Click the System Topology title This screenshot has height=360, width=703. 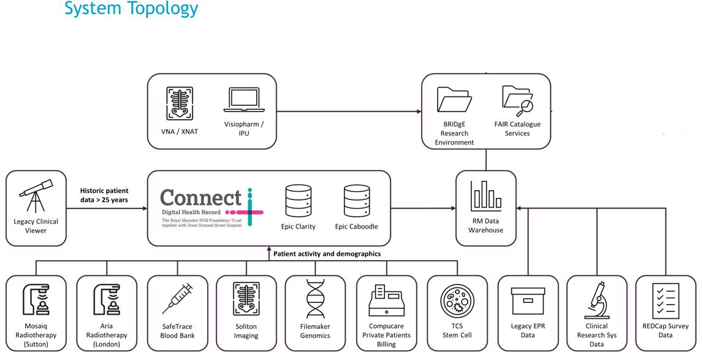point(131,9)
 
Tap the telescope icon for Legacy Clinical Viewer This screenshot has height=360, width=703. point(36,195)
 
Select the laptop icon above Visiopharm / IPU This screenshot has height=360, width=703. point(244,102)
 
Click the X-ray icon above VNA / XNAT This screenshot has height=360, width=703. point(175,103)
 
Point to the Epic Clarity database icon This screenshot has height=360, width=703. point(298,200)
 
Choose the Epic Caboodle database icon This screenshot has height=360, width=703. point(356,200)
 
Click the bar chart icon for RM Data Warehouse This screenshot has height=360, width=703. point(486,195)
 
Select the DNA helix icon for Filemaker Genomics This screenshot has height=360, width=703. point(315,299)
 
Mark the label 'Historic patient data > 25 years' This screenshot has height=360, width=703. point(104,194)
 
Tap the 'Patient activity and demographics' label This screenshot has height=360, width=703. point(327,253)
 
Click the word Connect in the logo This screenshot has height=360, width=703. point(201,198)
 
